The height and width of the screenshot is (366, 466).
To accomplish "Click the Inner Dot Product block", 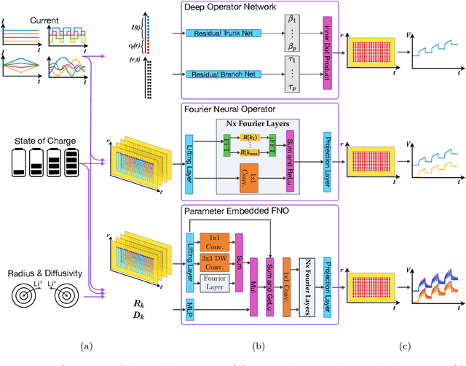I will (326, 55).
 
